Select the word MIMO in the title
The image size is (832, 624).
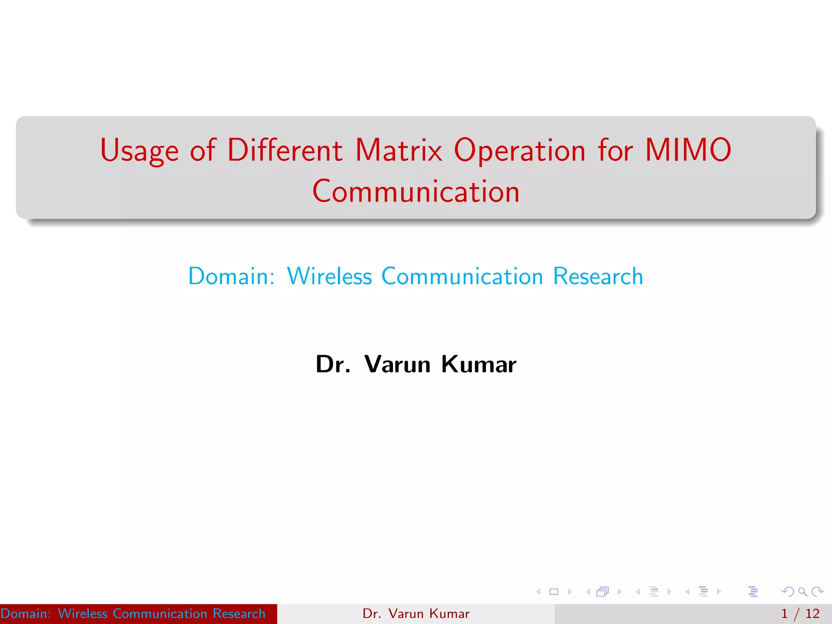pos(688,150)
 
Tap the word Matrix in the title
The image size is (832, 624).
pos(399,150)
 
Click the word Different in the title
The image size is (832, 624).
pos(285,150)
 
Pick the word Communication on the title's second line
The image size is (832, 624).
pos(416,192)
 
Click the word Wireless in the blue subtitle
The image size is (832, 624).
pos(329,276)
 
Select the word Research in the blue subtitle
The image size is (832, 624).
pos(598,276)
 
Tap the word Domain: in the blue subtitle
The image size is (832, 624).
pos(232,276)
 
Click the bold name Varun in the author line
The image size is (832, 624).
pos(397,364)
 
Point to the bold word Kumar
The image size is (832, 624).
pos(479,364)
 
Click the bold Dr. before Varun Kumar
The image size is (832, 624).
pos(333,364)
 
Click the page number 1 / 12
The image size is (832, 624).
pos(800,613)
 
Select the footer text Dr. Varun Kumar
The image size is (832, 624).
pos(416,613)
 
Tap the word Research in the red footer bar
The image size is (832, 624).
pos(239,613)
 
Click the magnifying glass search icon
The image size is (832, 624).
pos(802,592)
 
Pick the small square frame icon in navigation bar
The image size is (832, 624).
pos(554,592)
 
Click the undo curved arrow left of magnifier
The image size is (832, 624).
pos(787,592)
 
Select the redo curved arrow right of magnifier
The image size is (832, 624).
pos(817,592)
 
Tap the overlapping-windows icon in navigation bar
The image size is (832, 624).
pos(602,592)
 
